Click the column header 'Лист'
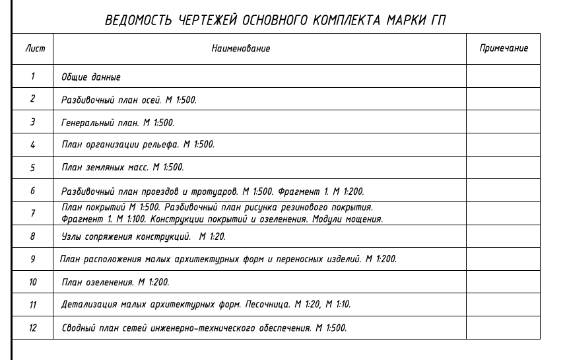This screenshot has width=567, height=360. (x=32, y=49)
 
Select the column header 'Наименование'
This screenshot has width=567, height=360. (x=240, y=49)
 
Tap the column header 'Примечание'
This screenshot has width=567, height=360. (x=503, y=49)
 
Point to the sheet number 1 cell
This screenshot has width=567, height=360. (x=32, y=77)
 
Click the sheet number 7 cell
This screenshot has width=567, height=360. (x=32, y=213)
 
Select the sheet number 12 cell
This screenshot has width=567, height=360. (x=32, y=328)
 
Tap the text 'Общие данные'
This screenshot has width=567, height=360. (x=91, y=77)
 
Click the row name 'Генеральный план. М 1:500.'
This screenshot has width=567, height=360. (x=117, y=123)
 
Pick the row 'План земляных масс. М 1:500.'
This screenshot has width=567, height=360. (x=122, y=168)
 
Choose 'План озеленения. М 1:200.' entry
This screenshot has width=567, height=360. (x=115, y=282)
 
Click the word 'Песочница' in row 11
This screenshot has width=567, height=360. (x=267, y=305)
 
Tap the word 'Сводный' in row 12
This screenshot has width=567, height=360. (x=78, y=328)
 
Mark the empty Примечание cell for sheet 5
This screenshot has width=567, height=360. (x=503, y=168)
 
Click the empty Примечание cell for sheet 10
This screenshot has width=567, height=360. (x=503, y=282)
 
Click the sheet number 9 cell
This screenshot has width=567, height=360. (x=32, y=259)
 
